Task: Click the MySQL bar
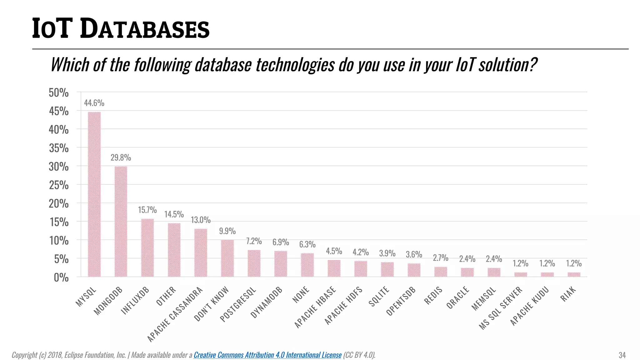pyautogui.click(x=94, y=194)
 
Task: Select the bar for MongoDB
pyautogui.click(x=121, y=221)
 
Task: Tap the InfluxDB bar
pyautogui.click(x=147, y=247)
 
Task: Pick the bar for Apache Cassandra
pyautogui.click(x=201, y=252)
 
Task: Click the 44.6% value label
pyautogui.click(x=94, y=103)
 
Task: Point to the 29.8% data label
pyautogui.click(x=121, y=157)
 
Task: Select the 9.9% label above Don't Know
pyautogui.click(x=227, y=231)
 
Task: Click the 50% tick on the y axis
pyautogui.click(x=58, y=92)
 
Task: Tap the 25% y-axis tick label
pyautogui.click(x=58, y=185)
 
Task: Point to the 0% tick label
pyautogui.click(x=61, y=277)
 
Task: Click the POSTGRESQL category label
pyautogui.click(x=238, y=304)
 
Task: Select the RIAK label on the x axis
pyautogui.click(x=568, y=294)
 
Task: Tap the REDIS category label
pyautogui.click(x=433, y=295)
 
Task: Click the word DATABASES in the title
pyautogui.click(x=144, y=29)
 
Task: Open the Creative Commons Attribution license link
pyautogui.click(x=267, y=355)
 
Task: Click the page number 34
pyautogui.click(x=622, y=355)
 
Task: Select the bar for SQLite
pyautogui.click(x=387, y=269)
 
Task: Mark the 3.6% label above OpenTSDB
pyautogui.click(x=414, y=254)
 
